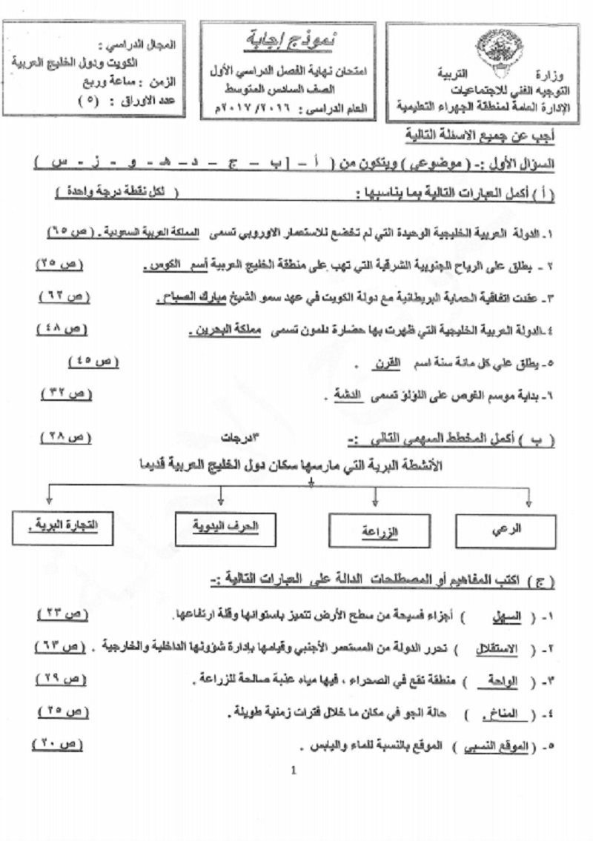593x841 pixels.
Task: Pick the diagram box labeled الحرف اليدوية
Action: click(x=225, y=527)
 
